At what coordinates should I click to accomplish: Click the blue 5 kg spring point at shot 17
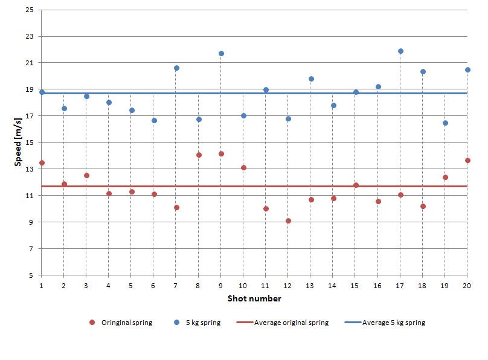pos(400,51)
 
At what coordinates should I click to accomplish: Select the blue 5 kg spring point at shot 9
pos(221,54)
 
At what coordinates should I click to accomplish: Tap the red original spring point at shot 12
pos(288,221)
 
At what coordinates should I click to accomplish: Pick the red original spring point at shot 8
pos(199,155)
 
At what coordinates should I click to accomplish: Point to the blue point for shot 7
pos(176,68)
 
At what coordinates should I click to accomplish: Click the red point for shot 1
pos(42,163)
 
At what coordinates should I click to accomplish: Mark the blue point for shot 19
pos(445,123)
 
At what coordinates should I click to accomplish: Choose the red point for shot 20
pos(467,161)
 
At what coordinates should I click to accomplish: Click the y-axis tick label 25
pos(30,10)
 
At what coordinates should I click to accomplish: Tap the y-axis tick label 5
pos(31,275)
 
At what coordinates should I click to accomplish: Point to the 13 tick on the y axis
pos(30,169)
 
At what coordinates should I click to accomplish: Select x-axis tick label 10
pos(243,286)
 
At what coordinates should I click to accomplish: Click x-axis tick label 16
pos(377,286)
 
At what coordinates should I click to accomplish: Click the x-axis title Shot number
pos(254,299)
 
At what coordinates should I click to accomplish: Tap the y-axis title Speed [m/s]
pos(18,142)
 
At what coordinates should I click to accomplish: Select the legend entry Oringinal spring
pos(121,323)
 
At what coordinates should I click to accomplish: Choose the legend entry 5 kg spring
pos(197,323)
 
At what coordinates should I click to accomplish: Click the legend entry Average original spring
pos(283,323)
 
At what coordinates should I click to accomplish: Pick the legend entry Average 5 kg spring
pos(385,323)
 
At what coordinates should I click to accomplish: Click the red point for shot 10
pos(243,168)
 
